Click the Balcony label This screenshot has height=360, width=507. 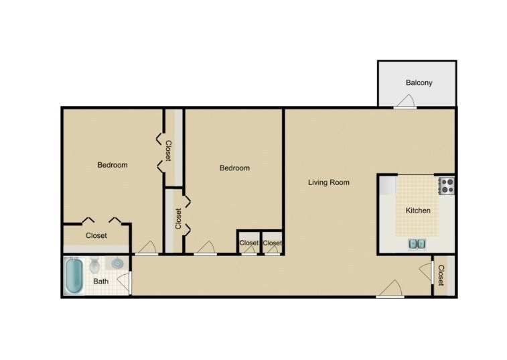419,83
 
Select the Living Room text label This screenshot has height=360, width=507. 328,182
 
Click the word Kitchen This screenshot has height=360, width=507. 418,211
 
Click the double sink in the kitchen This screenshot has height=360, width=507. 416,243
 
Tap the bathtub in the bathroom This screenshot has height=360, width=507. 74,276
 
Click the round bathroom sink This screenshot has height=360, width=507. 117,263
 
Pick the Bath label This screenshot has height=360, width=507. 100,282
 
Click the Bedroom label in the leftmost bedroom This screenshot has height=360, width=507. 113,165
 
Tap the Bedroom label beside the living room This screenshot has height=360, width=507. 234,168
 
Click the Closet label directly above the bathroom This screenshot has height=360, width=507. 96,236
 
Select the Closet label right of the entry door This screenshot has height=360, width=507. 441,276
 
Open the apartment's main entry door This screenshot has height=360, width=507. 390,290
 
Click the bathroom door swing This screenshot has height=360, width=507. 123,282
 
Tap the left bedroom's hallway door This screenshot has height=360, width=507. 147,249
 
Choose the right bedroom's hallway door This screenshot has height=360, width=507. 206,249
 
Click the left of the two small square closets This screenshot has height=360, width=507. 248,243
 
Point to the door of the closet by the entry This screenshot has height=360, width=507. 426,272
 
